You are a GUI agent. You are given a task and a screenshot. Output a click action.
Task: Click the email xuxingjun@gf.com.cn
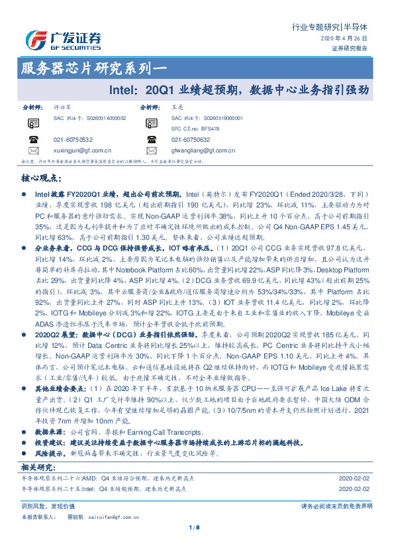pyautogui.click(x=82, y=150)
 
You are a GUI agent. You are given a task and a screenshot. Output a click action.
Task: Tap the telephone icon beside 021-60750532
pyautogui.click(x=33, y=139)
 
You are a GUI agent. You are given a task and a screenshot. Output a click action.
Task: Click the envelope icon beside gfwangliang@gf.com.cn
pyautogui.click(x=152, y=150)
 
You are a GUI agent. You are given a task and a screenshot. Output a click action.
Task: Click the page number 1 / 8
pyautogui.click(x=196, y=528)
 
